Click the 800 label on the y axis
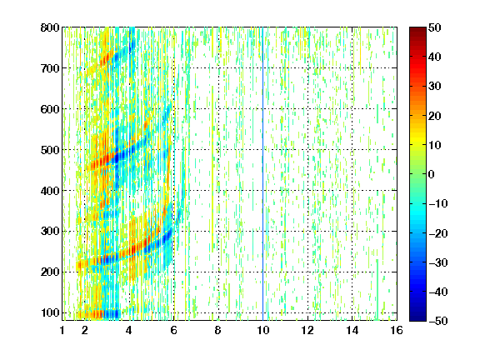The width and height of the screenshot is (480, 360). point(50,27)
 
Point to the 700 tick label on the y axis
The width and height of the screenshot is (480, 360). point(50,68)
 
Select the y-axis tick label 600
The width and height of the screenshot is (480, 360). point(50,109)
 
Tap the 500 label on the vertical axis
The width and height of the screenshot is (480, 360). point(50,150)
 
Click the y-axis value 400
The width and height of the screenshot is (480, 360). point(50,191)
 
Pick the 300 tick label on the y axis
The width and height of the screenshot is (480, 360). point(50,232)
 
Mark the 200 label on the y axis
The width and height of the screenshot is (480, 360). point(50,272)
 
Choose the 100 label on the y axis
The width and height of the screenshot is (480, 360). point(50,312)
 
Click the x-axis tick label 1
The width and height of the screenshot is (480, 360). point(62,330)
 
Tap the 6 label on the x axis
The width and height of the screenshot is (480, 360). point(174,330)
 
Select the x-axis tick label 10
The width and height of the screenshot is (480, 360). point(263,330)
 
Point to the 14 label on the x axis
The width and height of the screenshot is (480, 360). point(352,330)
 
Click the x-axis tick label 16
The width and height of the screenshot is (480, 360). point(397,330)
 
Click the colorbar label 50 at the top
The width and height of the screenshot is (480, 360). point(435,27)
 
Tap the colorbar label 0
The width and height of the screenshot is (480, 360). point(432,174)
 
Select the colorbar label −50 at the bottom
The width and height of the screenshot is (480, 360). point(438,321)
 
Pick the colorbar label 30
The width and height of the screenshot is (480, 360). point(435,87)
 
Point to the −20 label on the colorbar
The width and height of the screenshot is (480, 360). point(438,233)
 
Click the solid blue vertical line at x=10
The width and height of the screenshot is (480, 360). point(262,174)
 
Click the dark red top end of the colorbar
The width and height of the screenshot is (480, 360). point(417,30)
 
